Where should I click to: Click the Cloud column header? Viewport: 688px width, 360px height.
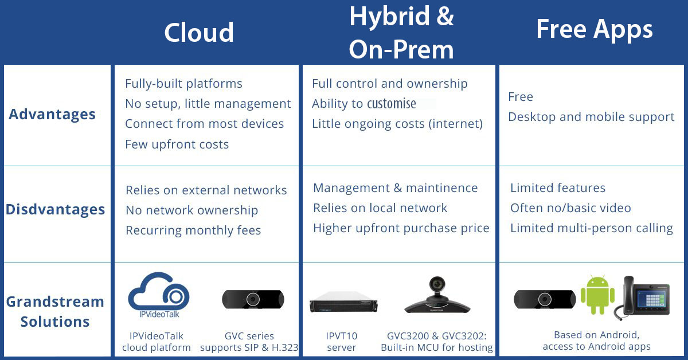click(x=199, y=33)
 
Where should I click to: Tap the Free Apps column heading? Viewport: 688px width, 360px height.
click(x=595, y=30)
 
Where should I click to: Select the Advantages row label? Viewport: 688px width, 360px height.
click(x=52, y=114)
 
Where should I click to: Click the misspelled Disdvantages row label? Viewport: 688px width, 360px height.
click(x=55, y=209)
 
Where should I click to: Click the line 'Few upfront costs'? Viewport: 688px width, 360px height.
click(x=177, y=144)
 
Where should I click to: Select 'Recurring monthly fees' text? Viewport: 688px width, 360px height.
click(x=193, y=230)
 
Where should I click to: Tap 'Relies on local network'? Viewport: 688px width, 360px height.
click(x=380, y=208)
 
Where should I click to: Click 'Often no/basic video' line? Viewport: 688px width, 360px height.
click(x=570, y=208)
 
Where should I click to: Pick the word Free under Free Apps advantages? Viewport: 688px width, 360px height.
click(x=521, y=97)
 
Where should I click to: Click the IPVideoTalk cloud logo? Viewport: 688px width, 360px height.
click(x=159, y=295)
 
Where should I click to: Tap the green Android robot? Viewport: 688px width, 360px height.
click(x=597, y=295)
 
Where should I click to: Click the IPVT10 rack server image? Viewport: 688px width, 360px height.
click(x=343, y=302)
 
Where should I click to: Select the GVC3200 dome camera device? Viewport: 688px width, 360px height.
click(x=437, y=295)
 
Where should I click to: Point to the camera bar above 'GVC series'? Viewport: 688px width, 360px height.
click(x=253, y=299)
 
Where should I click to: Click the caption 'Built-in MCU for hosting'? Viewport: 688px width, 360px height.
click(x=437, y=347)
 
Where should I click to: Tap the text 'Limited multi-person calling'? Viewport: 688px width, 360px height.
click(x=592, y=228)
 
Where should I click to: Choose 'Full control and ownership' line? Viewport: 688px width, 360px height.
click(x=390, y=84)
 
